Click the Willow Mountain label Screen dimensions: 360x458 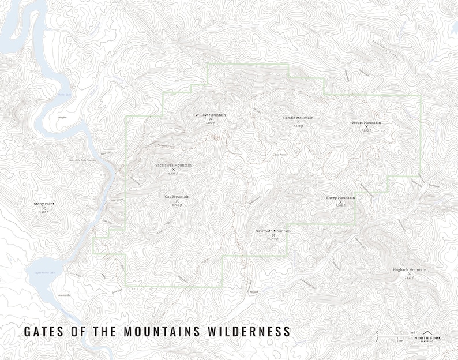tap(211, 115)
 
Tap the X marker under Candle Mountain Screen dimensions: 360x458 tap(298, 122)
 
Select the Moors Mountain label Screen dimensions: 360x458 tap(366, 122)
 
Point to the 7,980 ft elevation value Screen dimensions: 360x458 tap(366, 130)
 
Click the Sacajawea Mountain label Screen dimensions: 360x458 tap(173, 165)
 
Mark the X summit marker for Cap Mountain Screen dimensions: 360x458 tap(177, 201)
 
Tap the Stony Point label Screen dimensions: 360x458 tap(43, 204)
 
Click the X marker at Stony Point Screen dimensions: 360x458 tap(43, 208)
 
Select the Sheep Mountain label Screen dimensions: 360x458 tap(340, 197)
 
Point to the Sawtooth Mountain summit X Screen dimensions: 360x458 tap(273, 235)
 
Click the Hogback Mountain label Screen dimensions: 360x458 tap(410, 269)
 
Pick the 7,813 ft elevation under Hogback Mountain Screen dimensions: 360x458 tap(410, 277)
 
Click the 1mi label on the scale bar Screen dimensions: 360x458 tap(412, 332)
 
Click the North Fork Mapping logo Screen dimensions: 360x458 tap(427, 336)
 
